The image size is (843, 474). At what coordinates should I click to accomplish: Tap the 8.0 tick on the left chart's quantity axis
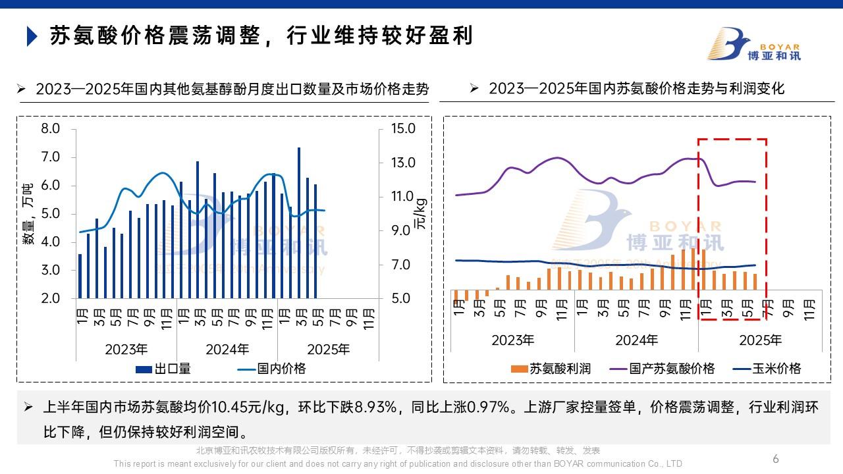click(x=50, y=128)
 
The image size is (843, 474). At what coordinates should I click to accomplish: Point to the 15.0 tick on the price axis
click(x=402, y=128)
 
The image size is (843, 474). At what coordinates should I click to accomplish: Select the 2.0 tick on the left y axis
click(x=50, y=298)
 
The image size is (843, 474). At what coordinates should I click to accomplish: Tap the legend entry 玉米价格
click(x=767, y=369)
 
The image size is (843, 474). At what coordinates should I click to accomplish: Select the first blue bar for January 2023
click(x=80, y=276)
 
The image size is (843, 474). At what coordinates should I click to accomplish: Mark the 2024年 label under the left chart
click(x=227, y=349)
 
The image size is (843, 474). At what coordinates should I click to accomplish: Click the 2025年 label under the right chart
click(x=761, y=340)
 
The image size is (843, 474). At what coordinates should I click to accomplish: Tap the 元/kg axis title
click(x=420, y=213)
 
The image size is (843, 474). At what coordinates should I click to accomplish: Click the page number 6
click(x=776, y=458)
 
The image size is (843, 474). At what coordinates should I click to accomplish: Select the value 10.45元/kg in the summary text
click(x=241, y=408)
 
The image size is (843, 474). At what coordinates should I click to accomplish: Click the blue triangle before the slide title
click(x=31, y=36)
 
